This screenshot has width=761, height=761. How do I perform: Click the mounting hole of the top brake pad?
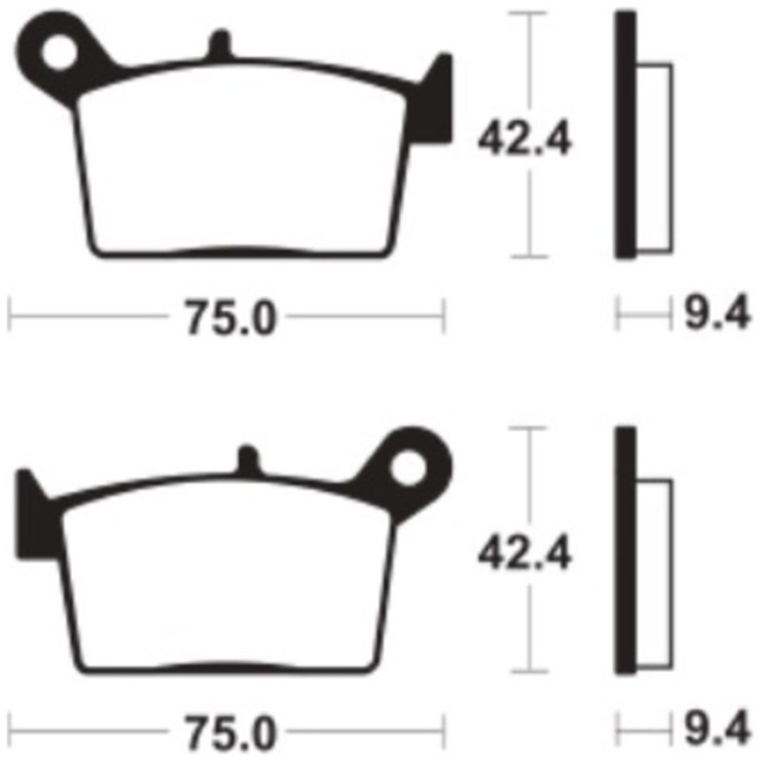coord(59,53)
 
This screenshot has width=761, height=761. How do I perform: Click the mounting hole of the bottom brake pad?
coord(408,469)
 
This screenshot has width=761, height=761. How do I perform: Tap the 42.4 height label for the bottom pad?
coord(525,554)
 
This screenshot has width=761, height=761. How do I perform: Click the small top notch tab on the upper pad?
coord(220,44)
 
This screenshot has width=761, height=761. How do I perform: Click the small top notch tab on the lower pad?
coord(248,459)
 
